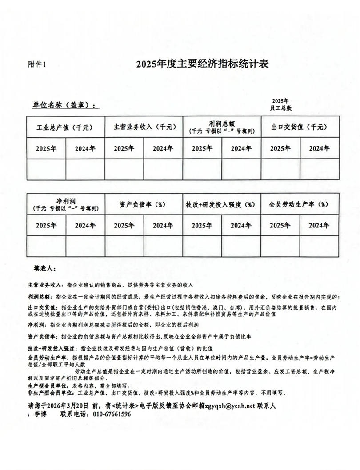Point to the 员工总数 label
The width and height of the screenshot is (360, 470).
[x=281, y=108]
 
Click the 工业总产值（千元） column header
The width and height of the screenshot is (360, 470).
[x=65, y=127]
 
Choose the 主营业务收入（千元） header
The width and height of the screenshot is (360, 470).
[x=144, y=127]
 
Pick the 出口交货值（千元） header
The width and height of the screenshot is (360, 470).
[x=300, y=127]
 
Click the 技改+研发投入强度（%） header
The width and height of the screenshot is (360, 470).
[x=221, y=205]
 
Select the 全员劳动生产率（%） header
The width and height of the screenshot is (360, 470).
[x=300, y=204]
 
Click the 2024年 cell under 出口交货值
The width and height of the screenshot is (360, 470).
[x=319, y=148]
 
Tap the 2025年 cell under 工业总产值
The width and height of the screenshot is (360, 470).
[x=46, y=148]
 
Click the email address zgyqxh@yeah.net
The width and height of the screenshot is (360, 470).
[x=230, y=406]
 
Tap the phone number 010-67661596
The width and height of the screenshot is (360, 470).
[x=112, y=414]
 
